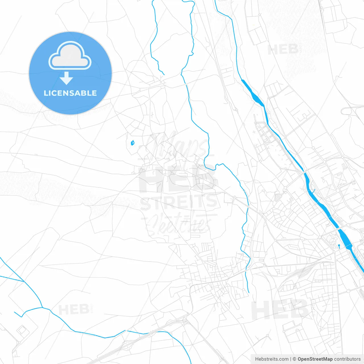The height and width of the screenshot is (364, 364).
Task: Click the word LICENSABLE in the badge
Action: click(70, 93)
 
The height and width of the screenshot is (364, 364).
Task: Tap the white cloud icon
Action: click(70, 56)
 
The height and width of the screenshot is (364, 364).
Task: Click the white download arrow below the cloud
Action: click(67, 78)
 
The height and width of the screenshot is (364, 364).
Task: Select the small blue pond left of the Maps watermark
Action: click(133, 143)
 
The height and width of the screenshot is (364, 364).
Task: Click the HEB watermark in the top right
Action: click(283, 49)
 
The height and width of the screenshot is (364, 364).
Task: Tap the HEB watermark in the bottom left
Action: click(74, 309)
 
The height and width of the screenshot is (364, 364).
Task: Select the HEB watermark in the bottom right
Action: click(280, 310)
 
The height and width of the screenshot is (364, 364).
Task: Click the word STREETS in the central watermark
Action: click(179, 202)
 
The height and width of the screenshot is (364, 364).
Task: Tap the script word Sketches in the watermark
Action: click(179, 223)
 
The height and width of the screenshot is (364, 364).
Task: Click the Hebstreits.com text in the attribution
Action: click(272, 359)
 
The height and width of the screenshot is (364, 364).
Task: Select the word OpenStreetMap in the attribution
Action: click(315, 359)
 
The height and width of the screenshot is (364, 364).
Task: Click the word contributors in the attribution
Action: click(347, 359)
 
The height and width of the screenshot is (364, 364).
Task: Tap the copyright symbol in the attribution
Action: click(294, 359)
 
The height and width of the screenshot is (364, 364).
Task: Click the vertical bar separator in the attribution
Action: click(291, 359)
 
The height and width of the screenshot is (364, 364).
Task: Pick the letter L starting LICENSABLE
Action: click(45, 93)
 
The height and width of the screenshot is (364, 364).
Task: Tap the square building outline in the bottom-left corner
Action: click(22, 330)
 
